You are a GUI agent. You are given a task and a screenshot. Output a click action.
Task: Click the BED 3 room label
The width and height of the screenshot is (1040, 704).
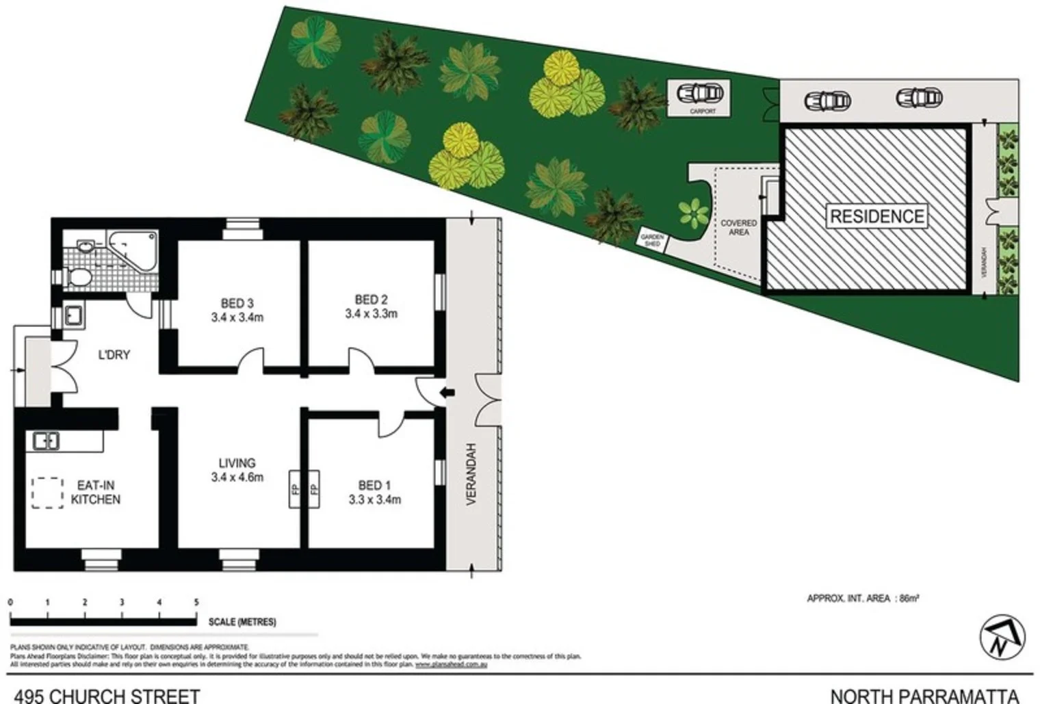[x=237, y=310]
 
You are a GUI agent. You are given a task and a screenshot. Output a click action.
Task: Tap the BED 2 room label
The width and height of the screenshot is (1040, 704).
[x=372, y=307]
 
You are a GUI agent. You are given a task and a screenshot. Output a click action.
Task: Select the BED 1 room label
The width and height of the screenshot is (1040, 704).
[x=374, y=492]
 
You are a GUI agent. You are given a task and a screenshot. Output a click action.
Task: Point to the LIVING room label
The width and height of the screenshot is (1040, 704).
[x=237, y=470]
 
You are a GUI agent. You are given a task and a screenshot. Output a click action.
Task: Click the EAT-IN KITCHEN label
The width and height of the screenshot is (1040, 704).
[x=96, y=493]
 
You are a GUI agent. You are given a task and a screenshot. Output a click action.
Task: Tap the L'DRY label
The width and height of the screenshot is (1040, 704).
[x=114, y=355]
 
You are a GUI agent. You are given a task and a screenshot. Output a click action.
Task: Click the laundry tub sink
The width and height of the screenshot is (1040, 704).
[x=73, y=316]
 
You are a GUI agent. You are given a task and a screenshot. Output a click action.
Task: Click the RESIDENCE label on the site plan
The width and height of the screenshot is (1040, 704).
[x=876, y=216]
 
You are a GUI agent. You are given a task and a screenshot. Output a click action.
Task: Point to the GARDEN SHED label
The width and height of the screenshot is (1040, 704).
[x=651, y=240]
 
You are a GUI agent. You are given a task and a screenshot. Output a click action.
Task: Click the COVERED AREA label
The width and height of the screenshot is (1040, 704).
[x=738, y=228]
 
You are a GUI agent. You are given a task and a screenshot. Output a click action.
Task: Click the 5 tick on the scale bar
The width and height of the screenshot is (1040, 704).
[x=196, y=603]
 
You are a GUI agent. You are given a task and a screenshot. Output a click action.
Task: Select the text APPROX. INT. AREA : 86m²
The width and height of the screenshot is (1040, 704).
[x=863, y=599]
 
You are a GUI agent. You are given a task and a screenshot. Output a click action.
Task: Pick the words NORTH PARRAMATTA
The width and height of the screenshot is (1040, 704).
[x=924, y=696]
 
